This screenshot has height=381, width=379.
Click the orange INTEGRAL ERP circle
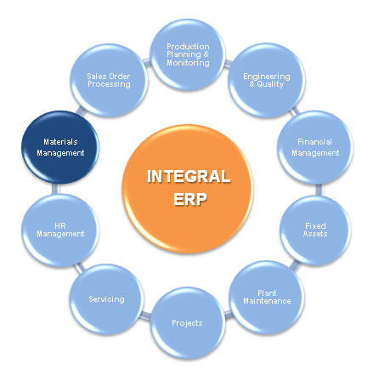pyautogui.click(x=188, y=189)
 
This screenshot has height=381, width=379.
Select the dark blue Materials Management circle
pyautogui.click(x=60, y=147)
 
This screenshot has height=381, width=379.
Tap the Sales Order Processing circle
pyautogui.click(x=109, y=80)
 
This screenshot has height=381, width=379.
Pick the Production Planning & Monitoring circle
pyautogui.click(x=188, y=54)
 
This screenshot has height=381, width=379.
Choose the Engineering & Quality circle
pyautogui.click(x=267, y=80)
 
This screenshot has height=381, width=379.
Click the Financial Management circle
pyautogui.click(x=315, y=147)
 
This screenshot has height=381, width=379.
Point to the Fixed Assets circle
pyautogui.click(x=315, y=230)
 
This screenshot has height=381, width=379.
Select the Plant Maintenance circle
pyautogui.click(x=267, y=298)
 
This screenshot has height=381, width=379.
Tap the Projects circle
pyautogui.click(x=188, y=323)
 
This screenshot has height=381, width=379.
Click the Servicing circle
pyautogui.click(x=106, y=299)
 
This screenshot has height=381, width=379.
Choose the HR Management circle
pyautogui.click(x=60, y=230)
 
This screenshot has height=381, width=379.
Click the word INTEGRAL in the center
pyautogui.click(x=189, y=176)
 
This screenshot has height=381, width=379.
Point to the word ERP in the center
pyautogui.click(x=189, y=199)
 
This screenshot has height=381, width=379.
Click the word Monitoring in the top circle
pyautogui.click(x=188, y=63)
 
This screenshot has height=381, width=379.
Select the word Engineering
pyautogui.click(x=267, y=77)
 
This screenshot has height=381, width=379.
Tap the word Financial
pyautogui.click(x=315, y=142)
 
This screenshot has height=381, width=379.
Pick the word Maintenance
pyautogui.click(x=267, y=301)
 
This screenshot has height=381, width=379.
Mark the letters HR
pyautogui.click(x=60, y=226)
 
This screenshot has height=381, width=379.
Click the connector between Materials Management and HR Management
pyautogui.click(x=56, y=189)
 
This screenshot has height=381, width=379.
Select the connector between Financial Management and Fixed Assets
pyautogui.click(x=319, y=190)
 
